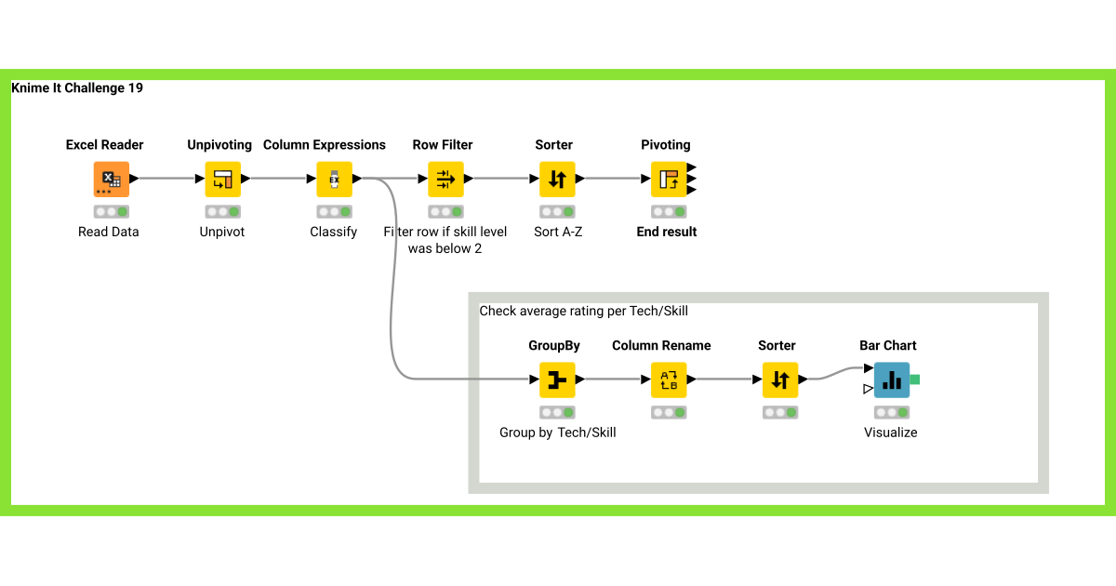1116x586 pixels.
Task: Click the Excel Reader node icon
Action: pyautogui.click(x=111, y=179)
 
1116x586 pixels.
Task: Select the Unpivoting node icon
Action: pyautogui.click(x=222, y=179)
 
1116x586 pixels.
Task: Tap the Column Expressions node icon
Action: pyautogui.click(x=334, y=179)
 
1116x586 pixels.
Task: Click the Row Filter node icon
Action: pyautogui.click(x=445, y=179)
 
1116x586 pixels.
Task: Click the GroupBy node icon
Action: pyautogui.click(x=557, y=380)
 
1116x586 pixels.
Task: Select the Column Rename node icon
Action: pyautogui.click(x=669, y=380)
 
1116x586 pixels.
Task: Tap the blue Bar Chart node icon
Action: pyautogui.click(x=891, y=380)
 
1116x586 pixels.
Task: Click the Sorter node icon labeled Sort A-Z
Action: pyautogui.click(x=557, y=179)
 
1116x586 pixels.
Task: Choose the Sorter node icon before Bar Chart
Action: pyautogui.click(x=780, y=380)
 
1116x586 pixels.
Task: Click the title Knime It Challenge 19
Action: pyautogui.click(x=77, y=88)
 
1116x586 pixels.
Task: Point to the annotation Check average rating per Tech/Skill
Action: pyautogui.click(x=583, y=311)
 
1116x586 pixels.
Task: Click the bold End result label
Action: pyautogui.click(x=667, y=232)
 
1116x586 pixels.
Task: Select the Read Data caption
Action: pyautogui.click(x=109, y=232)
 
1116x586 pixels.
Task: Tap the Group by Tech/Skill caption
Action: pyautogui.click(x=558, y=433)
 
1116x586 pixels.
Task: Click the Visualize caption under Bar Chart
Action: pyautogui.click(x=891, y=433)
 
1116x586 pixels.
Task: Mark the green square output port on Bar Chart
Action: pyautogui.click(x=915, y=380)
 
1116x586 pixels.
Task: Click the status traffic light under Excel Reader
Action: pyautogui.click(x=111, y=211)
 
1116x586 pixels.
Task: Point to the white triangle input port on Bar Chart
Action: pyautogui.click(x=868, y=389)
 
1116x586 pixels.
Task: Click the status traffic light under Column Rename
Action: pyautogui.click(x=669, y=412)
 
